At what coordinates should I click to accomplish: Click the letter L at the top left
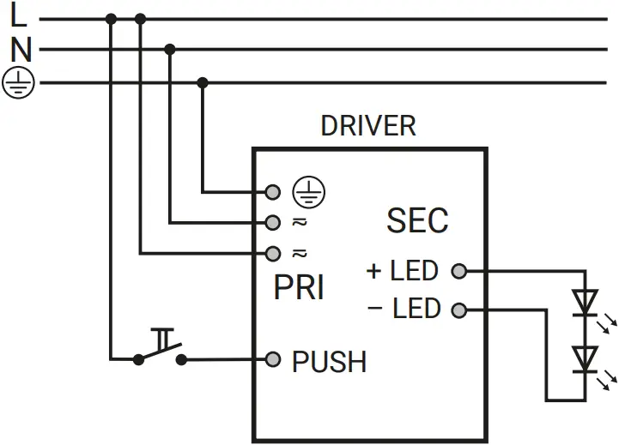pos(19,15)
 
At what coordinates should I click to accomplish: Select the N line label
pos(21,50)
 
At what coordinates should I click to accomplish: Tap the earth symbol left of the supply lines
pos(18,83)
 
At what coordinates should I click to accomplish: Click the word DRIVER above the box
pos(367,126)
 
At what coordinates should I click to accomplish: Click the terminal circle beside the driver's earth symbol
pos(273,191)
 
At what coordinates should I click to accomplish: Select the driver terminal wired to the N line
pos(273,222)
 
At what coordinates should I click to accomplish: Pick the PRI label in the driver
pos(299,288)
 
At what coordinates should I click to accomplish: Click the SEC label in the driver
pos(417,220)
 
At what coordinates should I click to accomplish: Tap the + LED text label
pos(403,271)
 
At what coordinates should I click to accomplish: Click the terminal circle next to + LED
pos(459,271)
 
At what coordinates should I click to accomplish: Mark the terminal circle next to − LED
pos(459,309)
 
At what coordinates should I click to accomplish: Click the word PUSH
pos(329,362)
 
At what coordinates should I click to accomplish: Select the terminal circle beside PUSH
pos(273,358)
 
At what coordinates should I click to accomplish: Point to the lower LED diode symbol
pos(586,358)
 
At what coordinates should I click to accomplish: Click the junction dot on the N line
pos(170,50)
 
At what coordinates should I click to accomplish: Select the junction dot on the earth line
pos(203,82)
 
